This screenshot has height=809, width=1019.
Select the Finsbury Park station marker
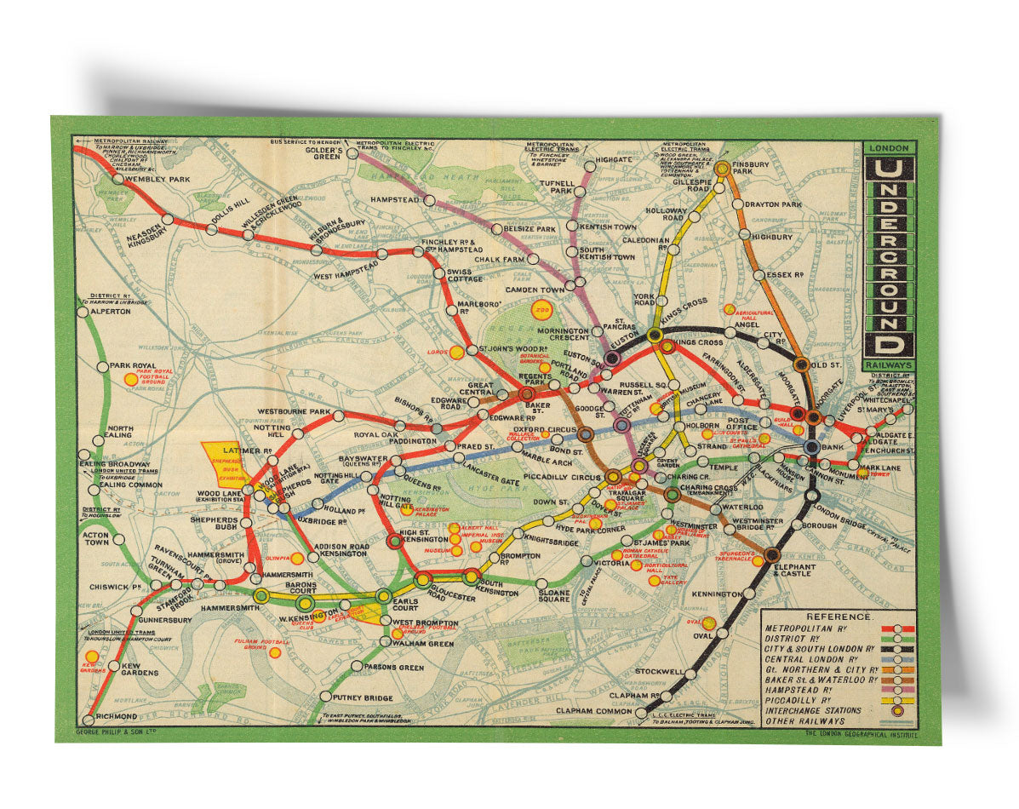(722, 169)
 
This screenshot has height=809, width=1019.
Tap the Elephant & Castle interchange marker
(771, 554)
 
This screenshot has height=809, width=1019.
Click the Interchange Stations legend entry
(813, 710)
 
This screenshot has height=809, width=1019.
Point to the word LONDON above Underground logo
(889, 148)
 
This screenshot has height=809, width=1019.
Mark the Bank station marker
(811, 446)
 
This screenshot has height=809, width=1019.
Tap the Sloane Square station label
(553, 595)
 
